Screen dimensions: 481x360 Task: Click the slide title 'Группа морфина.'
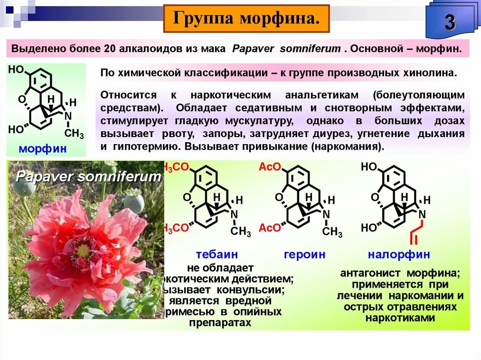(246, 19)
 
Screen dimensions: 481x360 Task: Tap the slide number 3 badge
(450, 23)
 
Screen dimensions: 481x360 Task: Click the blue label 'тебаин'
(217, 255)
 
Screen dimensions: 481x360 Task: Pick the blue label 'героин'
(304, 255)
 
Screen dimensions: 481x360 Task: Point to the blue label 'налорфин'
(399, 255)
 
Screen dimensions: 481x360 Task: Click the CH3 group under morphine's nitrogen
(74, 134)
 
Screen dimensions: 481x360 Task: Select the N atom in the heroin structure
(326, 214)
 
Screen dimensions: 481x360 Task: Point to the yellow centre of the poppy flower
(83, 250)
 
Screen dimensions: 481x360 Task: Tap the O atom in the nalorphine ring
(374, 198)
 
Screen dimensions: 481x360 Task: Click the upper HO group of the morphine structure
(16, 70)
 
